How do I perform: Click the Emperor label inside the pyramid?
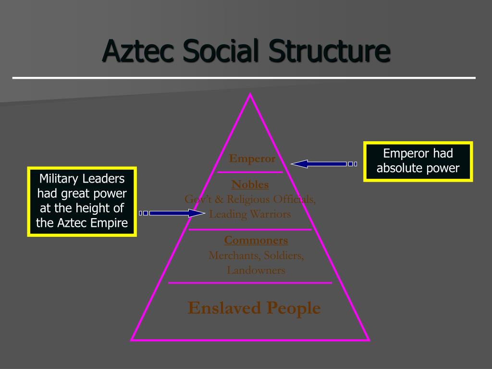click(x=252, y=159)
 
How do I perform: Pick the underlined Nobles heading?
click(x=250, y=184)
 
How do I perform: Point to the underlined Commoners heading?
click(x=256, y=240)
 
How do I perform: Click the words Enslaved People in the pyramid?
click(x=254, y=307)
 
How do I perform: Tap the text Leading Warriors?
click(x=250, y=214)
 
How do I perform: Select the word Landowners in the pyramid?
click(x=256, y=270)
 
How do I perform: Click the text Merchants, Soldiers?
click(x=256, y=255)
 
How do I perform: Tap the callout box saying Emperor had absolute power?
click(x=418, y=161)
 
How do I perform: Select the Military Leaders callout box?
click(x=82, y=201)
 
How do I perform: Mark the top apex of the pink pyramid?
click(x=250, y=95)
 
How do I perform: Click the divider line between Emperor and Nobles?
click(x=250, y=172)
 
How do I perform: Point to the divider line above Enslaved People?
click(x=250, y=283)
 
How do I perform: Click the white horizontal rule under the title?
click(x=244, y=77)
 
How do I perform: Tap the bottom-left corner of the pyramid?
click(x=132, y=340)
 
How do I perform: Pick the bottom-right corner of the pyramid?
click(x=369, y=340)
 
